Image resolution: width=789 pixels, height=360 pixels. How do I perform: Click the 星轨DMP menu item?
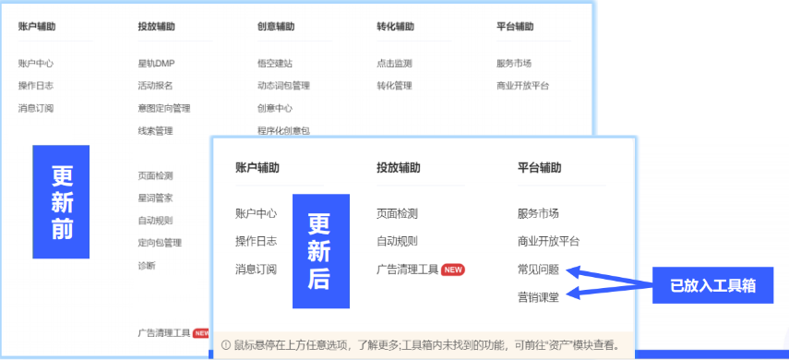point(156,64)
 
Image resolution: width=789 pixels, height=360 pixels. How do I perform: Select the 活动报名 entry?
point(155,86)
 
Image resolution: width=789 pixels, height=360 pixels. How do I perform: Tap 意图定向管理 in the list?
point(164,108)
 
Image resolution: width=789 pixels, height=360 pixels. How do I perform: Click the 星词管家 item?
point(155,198)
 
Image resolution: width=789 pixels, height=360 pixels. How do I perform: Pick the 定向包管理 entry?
point(160,243)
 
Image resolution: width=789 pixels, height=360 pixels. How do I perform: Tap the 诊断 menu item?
point(147,265)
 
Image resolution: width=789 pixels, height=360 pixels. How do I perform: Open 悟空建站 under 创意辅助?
point(275,64)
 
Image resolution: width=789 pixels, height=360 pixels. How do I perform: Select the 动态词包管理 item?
point(283,86)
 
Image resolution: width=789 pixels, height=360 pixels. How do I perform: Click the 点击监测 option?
point(394,64)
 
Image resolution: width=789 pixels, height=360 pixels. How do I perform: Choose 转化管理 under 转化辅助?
point(394,86)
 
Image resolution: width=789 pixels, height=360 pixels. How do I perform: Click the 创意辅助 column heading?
point(276,27)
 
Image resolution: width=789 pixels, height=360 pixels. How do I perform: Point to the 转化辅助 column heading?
point(395,27)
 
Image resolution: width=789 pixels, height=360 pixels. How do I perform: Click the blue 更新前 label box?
point(62,202)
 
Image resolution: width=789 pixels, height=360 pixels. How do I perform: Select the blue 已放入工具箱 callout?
point(712,285)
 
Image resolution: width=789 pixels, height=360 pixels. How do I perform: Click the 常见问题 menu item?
point(539,270)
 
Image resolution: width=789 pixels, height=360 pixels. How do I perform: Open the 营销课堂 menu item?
point(539,296)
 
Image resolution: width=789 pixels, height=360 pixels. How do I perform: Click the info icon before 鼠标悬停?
point(225,345)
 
